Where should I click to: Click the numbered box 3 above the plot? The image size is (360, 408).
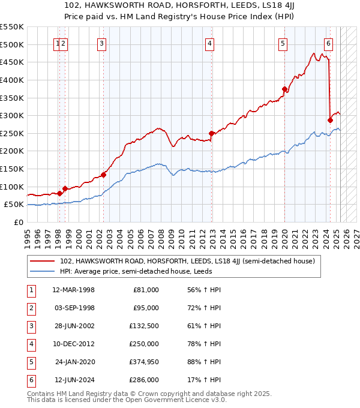102,43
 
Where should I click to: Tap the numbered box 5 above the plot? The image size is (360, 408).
283,43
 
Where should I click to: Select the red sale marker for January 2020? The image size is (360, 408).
284,89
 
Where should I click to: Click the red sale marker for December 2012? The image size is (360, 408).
212,133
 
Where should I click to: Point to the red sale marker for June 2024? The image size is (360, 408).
330,121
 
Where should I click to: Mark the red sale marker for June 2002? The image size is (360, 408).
103,175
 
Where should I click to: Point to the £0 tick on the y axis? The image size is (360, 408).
20,222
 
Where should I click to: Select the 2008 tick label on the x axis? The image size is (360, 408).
161,234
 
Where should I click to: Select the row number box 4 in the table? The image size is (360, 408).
31,344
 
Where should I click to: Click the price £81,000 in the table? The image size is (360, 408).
146,290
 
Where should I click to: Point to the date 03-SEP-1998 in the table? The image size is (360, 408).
74,308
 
